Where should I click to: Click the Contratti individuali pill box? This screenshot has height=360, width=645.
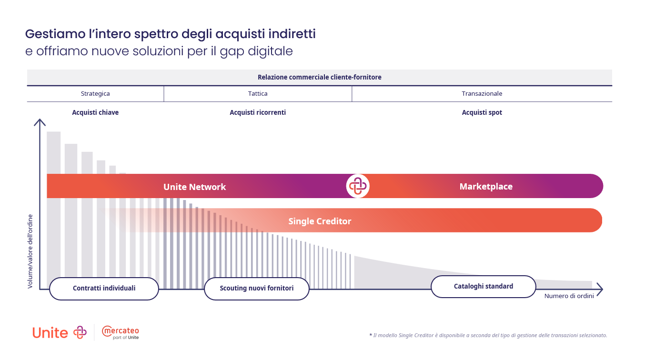pyautogui.click(x=104, y=289)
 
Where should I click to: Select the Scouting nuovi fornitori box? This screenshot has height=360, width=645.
pyautogui.click(x=257, y=289)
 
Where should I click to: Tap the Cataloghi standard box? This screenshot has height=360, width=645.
pyautogui.click(x=484, y=286)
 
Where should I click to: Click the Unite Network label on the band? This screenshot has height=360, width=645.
pyautogui.click(x=195, y=187)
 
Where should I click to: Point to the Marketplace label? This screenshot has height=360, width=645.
pyautogui.click(x=486, y=187)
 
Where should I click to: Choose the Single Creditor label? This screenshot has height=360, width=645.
pyautogui.click(x=320, y=221)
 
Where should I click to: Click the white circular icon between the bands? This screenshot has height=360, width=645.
pyautogui.click(x=358, y=186)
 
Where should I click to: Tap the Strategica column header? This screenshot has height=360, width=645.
pyautogui.click(x=95, y=93)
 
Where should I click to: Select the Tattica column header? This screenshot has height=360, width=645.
pyautogui.click(x=258, y=93)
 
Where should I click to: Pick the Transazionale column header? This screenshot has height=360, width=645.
pyautogui.click(x=482, y=93)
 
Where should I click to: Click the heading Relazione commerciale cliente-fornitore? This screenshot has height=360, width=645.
pyautogui.click(x=319, y=77)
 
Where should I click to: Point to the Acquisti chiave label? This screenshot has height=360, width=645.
pyautogui.click(x=95, y=112)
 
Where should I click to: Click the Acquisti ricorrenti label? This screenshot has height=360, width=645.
pyautogui.click(x=258, y=112)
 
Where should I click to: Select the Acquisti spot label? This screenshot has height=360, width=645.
pyautogui.click(x=482, y=112)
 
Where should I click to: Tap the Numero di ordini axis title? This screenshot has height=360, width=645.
pyautogui.click(x=569, y=296)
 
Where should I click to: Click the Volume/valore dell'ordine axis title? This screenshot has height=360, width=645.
pyautogui.click(x=30, y=251)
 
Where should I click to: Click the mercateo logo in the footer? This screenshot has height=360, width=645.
pyautogui.click(x=121, y=333)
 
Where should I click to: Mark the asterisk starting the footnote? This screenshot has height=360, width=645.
pyautogui.click(x=371, y=334)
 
